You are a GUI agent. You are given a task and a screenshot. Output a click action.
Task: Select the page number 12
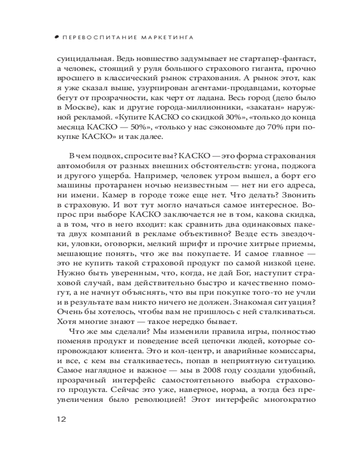pos(62,419)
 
